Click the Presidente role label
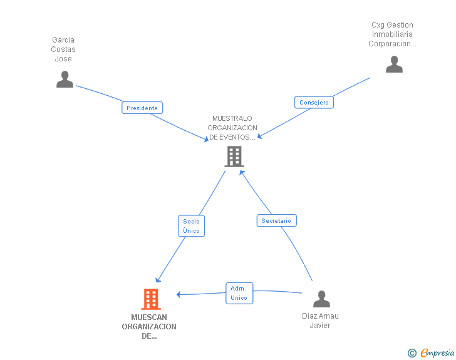[142, 108]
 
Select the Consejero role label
[314, 102]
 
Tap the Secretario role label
[277, 220]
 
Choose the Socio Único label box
[192, 226]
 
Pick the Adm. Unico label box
[239, 293]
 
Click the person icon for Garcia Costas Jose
[65, 79]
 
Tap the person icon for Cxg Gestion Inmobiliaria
[394, 64]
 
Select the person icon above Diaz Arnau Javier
[321, 299]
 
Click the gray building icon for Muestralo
[234, 157]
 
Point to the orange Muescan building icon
[151, 299]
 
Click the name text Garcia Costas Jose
[63, 49]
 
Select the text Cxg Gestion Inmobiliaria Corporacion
[392, 34]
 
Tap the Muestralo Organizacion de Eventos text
[232, 128]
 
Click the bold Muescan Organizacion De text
[149, 327]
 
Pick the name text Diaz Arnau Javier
[320, 321]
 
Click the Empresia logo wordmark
[437, 353]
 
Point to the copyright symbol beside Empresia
[412, 353]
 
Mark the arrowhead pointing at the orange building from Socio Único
[158, 280]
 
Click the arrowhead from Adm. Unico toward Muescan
[179, 294]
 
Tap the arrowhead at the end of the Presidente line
[207, 139]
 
